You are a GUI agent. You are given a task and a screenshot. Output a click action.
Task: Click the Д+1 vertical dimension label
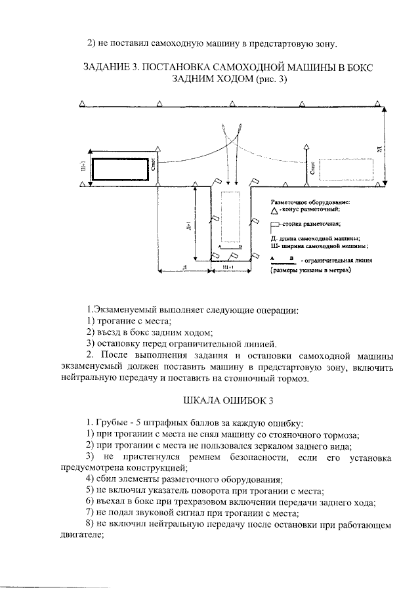[189, 223]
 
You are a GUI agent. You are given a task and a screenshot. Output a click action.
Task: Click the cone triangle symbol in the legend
[274, 210]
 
